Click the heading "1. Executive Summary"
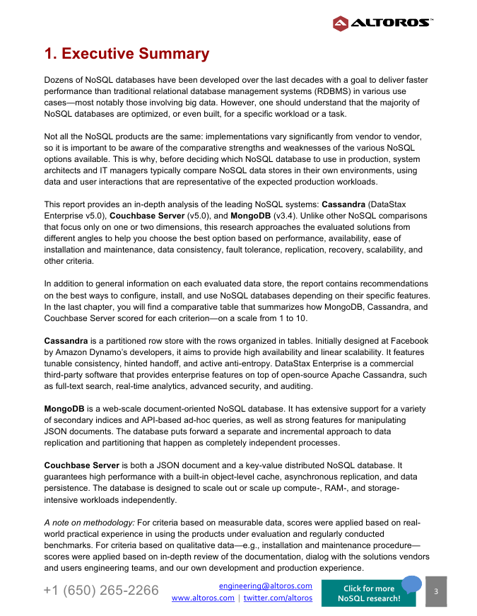click(x=126, y=54)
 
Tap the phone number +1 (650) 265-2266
click(x=101, y=591)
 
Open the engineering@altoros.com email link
click(x=266, y=586)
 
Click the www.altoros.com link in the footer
click(x=204, y=598)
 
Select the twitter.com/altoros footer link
click(x=278, y=598)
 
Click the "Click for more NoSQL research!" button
click(x=368, y=593)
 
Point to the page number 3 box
click(x=436, y=591)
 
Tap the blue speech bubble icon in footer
click(x=411, y=583)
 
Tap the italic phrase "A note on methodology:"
click(x=89, y=523)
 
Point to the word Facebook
click(x=406, y=341)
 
